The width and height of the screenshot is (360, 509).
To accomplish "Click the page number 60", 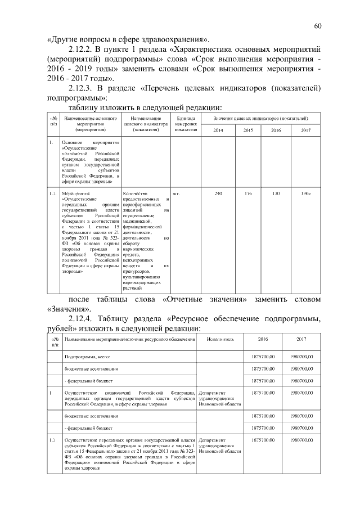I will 318,26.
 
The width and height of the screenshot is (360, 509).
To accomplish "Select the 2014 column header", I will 219,130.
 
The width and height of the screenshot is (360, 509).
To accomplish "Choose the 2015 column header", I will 247,130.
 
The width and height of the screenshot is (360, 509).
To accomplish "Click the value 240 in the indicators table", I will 219,194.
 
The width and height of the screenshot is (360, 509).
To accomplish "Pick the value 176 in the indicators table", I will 247,194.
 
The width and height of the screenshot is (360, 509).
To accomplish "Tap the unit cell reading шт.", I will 177,194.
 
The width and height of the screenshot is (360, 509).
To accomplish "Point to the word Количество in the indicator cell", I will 134,194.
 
